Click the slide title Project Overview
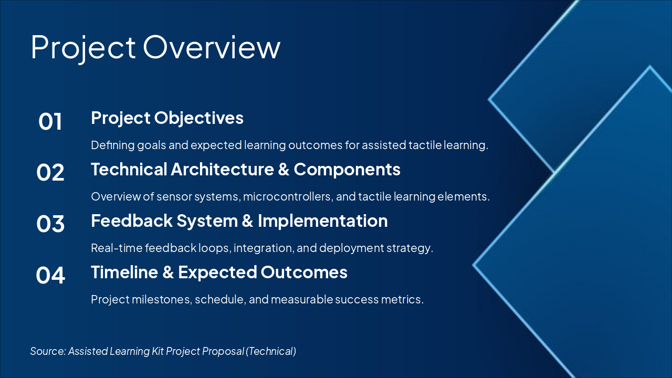point(155,48)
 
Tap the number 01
point(50,121)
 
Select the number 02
point(50,173)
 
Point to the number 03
point(50,224)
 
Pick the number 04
point(50,275)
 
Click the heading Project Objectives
point(167,118)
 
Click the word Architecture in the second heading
point(222,169)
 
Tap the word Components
point(347,170)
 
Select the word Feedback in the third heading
point(132,221)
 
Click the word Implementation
point(323,222)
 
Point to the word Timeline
point(124,272)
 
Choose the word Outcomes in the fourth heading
point(304,272)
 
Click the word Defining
point(113,145)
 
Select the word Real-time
point(117,248)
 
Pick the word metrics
point(402,300)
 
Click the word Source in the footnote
point(48,351)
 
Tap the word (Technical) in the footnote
point(271,351)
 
